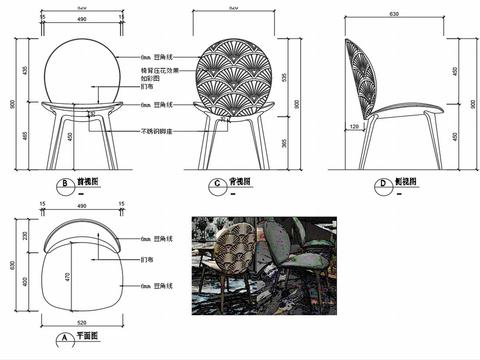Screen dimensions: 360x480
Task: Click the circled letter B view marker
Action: click(64, 184)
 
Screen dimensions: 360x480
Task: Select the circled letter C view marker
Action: click(216, 184)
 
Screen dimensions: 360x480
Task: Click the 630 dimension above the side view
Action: click(394, 14)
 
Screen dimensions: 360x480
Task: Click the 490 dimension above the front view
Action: click(82, 18)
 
